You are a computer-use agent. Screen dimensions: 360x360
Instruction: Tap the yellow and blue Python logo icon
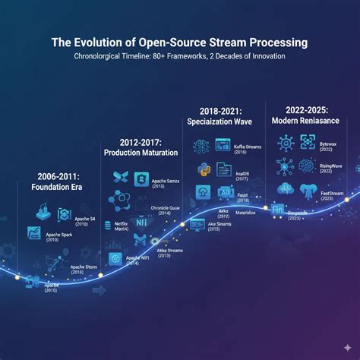202,169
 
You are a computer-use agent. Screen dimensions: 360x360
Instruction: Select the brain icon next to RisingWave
307,166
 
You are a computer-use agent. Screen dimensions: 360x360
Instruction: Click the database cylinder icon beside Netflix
107,226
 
